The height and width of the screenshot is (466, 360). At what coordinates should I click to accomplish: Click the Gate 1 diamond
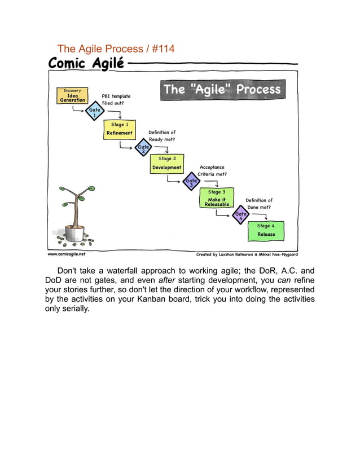(94, 113)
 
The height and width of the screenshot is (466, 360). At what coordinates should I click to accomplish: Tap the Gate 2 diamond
(142, 148)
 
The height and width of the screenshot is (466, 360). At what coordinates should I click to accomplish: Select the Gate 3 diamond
(191, 182)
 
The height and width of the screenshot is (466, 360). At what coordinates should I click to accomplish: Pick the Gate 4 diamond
(241, 216)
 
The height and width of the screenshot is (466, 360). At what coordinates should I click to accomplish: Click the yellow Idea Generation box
(72, 96)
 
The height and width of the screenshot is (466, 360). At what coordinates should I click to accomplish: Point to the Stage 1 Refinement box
(120, 129)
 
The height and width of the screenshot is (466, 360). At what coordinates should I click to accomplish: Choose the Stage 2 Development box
(166, 164)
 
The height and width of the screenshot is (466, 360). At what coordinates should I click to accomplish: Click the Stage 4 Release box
(266, 231)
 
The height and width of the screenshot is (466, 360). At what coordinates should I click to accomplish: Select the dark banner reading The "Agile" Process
(221, 90)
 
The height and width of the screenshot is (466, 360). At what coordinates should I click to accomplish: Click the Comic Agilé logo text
(86, 63)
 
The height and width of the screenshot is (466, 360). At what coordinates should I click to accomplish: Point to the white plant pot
(74, 232)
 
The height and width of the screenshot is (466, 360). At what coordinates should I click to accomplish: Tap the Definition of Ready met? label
(162, 135)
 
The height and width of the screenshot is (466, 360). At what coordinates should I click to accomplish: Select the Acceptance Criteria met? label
(212, 170)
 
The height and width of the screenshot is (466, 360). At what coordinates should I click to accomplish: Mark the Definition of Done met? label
(259, 204)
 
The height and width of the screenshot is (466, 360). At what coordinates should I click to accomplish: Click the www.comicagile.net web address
(67, 254)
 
